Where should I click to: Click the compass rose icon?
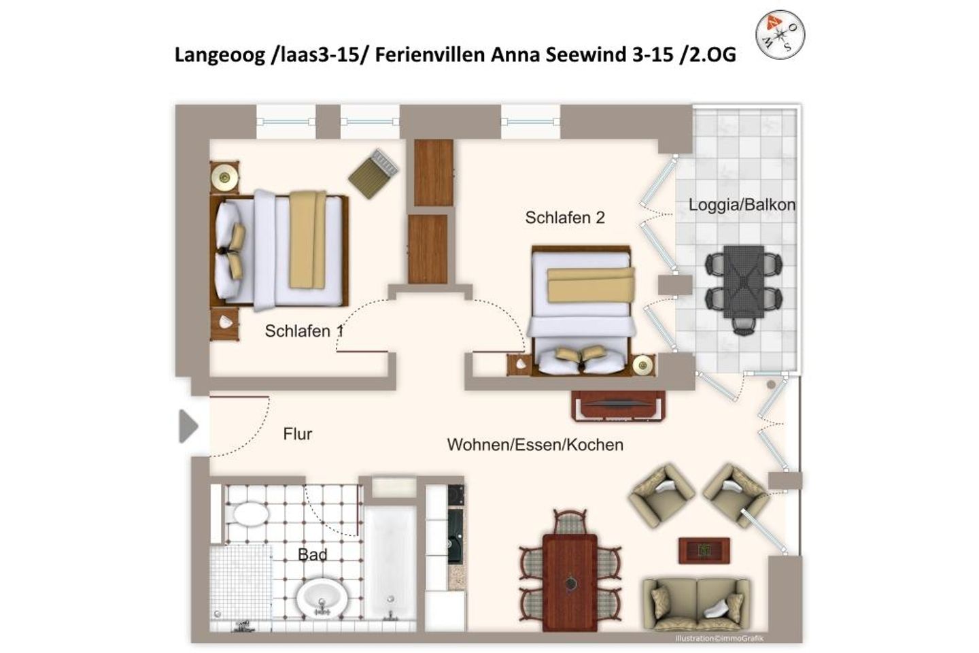pyautogui.click(x=780, y=34)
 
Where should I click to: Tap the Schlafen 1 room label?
pyautogui.click(x=303, y=331)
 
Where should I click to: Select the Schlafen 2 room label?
pyautogui.click(x=564, y=218)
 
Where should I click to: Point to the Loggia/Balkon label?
pyautogui.click(x=741, y=205)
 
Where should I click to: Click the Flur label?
pyautogui.click(x=298, y=434)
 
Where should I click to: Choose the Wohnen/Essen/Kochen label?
pyautogui.click(x=535, y=445)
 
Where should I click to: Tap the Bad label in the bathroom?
pyautogui.click(x=312, y=555)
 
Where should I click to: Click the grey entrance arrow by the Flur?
pyautogui.click(x=188, y=427)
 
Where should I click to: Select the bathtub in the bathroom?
pyautogui.click(x=390, y=561)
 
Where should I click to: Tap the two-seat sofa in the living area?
pyautogui.click(x=696, y=602)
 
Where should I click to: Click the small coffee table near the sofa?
pyautogui.click(x=704, y=550)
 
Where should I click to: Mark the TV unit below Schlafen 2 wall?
pyautogui.click(x=617, y=406)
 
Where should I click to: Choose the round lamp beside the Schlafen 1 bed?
pyautogui.click(x=224, y=178)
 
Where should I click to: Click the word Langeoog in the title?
pyautogui.click(x=220, y=55)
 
